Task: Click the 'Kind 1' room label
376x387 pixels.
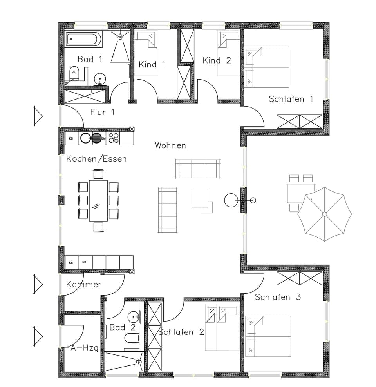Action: coord(152,64)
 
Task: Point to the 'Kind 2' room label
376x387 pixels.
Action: coord(217,60)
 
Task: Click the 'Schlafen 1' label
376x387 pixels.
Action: coord(291,99)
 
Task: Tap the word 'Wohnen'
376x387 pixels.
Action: coord(170,145)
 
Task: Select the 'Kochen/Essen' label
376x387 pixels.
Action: coord(96,159)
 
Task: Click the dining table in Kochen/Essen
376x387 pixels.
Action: coord(98,200)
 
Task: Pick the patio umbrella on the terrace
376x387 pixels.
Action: coord(324,214)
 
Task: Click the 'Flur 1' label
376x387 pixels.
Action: coord(102,112)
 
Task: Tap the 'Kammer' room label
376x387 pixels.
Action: coord(84,284)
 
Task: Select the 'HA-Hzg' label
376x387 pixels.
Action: coord(81,347)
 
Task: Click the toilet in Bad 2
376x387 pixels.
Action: coord(131,338)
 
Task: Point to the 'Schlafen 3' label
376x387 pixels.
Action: coord(278,297)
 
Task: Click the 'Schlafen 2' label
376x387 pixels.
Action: coord(181,332)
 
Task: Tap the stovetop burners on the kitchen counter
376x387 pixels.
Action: coord(114,138)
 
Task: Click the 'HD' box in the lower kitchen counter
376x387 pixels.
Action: coord(84,262)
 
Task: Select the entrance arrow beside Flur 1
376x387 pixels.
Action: coord(38,116)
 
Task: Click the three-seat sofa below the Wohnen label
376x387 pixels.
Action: coord(198,169)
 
